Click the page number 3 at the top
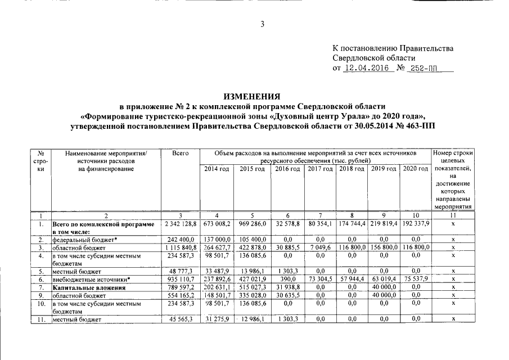(262, 24)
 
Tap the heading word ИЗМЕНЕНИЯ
(254, 97)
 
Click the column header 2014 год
(217, 169)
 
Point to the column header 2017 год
(320, 169)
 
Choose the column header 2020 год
(416, 169)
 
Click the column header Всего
(180, 153)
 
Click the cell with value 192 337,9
(416, 224)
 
